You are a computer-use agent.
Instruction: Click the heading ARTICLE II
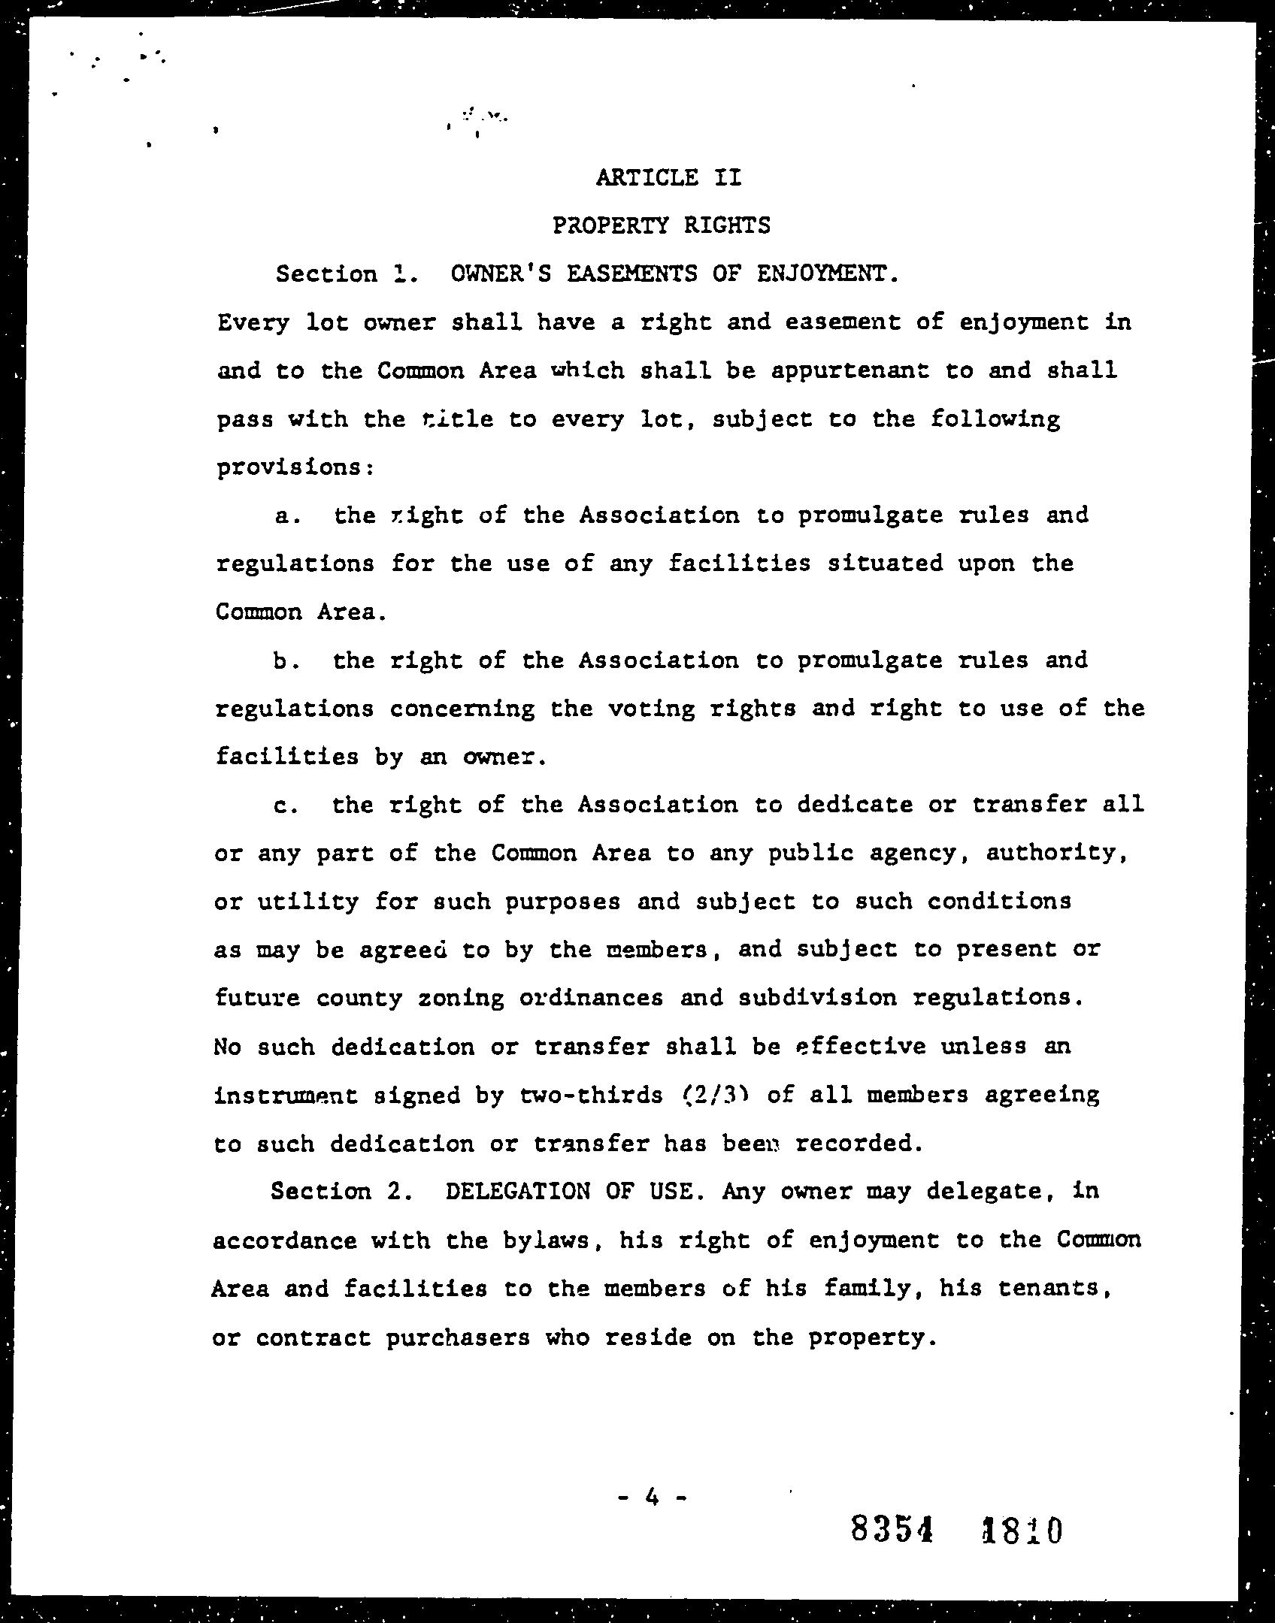click(668, 177)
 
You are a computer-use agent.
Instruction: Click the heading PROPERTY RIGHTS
click(661, 225)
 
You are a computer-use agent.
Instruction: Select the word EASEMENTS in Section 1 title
click(631, 274)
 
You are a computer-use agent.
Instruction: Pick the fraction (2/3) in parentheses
click(712, 1095)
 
